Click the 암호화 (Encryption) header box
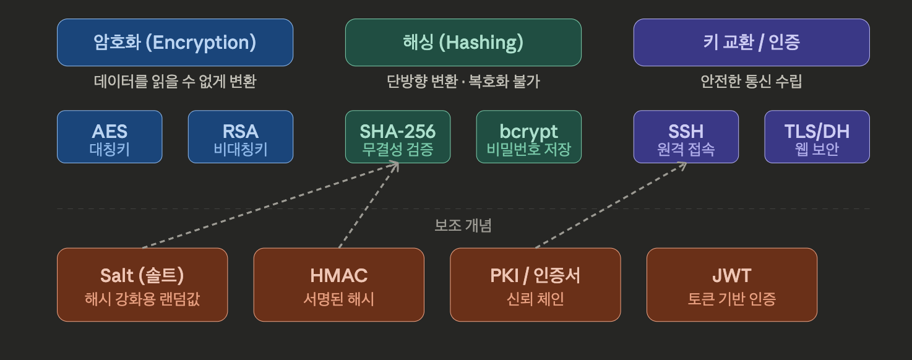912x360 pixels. click(x=174, y=42)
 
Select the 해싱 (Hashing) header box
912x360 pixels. click(x=463, y=42)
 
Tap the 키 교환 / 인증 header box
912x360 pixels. click(x=751, y=42)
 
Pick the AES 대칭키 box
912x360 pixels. click(x=110, y=137)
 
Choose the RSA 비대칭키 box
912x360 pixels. click(x=241, y=137)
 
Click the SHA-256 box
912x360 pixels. click(x=398, y=137)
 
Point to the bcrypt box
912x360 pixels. click(x=529, y=137)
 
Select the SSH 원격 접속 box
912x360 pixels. click(x=686, y=137)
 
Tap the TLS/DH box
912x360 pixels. click(x=817, y=137)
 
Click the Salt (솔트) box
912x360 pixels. click(x=142, y=285)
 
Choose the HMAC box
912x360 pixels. click(x=339, y=285)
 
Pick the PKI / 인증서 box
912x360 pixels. click(x=535, y=285)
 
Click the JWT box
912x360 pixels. click(x=732, y=285)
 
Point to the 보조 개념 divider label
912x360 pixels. click(x=463, y=225)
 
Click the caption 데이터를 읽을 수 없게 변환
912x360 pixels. click(x=174, y=81)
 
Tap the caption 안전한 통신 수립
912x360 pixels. click(x=751, y=81)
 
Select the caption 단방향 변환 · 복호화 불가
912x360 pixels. click(x=463, y=81)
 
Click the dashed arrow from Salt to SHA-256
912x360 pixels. click(x=266, y=205)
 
